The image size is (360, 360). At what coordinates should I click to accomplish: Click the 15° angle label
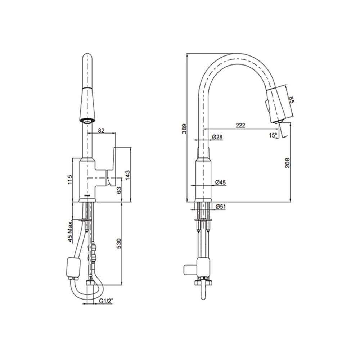273,135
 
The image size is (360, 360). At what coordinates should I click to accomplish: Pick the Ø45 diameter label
220,183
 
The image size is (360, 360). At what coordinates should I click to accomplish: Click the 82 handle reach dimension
101,131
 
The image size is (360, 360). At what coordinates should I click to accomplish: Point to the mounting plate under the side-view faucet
204,219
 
